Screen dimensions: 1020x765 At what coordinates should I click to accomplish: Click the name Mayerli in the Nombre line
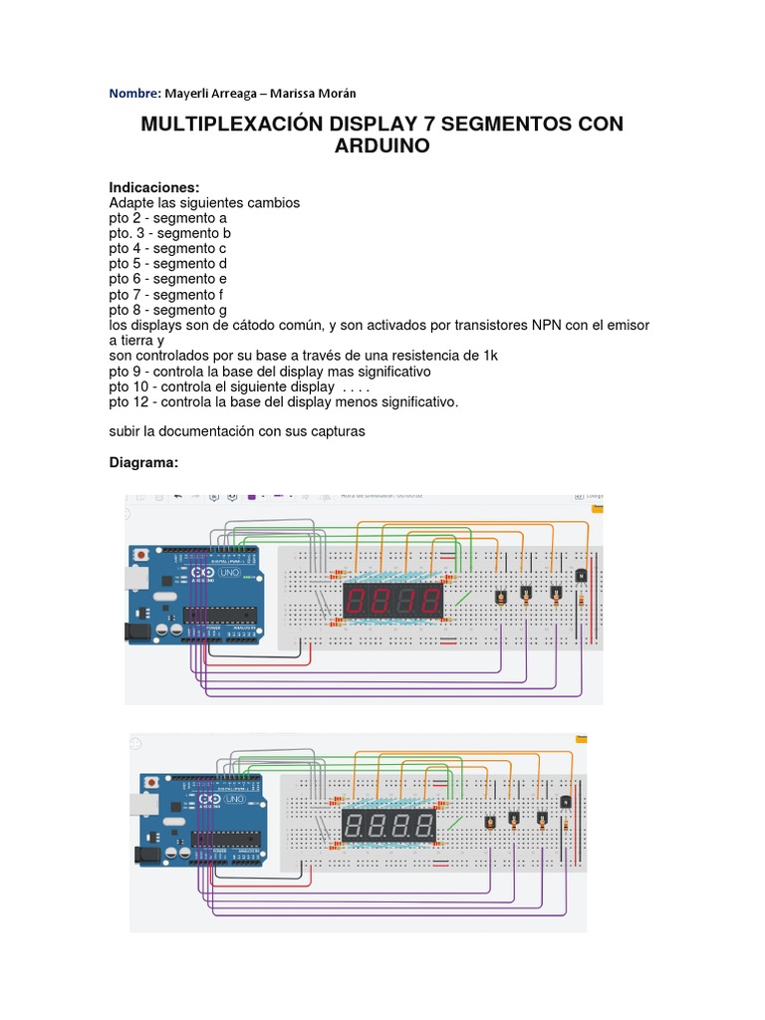(188, 94)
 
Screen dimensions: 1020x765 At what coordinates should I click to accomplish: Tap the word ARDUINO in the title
(382, 146)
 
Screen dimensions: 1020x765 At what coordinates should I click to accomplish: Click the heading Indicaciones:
(154, 187)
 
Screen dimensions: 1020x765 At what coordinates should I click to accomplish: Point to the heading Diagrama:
(144, 463)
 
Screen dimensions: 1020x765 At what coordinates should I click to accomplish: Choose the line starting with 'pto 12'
(283, 402)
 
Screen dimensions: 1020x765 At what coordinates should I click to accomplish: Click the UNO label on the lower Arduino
(235, 799)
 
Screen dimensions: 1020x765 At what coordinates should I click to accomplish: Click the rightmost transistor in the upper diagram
(580, 575)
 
